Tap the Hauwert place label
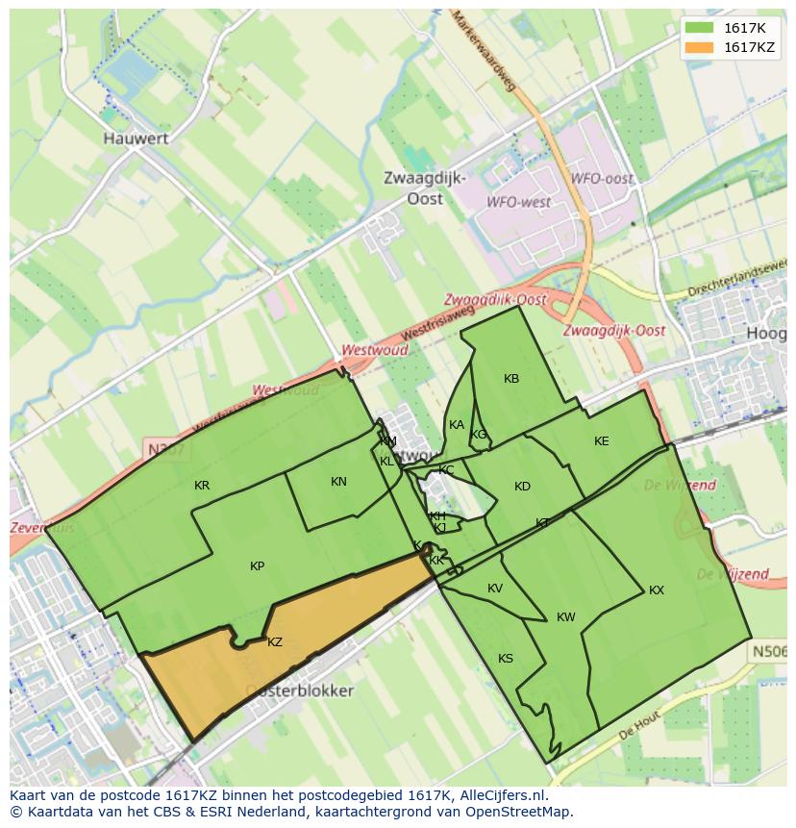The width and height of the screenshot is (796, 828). pos(136,138)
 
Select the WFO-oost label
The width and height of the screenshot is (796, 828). pos(602,179)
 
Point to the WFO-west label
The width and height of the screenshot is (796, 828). pos(518,202)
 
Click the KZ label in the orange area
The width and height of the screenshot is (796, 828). pos(275,641)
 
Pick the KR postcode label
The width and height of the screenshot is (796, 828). pos(202,486)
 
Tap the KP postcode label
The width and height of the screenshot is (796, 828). pos(257,566)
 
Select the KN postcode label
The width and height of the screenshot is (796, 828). pos(338,482)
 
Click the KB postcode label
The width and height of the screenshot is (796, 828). pos(511,379)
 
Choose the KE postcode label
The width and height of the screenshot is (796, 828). pos(602,441)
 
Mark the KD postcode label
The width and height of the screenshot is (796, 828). pos(522,487)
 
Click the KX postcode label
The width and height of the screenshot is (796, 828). pos(657,590)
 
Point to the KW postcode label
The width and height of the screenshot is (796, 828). pos(565,617)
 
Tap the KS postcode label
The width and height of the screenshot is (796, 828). pos(506,659)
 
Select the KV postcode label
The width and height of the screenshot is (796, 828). pos(495,589)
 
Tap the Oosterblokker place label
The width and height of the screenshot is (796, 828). pos(299,690)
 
